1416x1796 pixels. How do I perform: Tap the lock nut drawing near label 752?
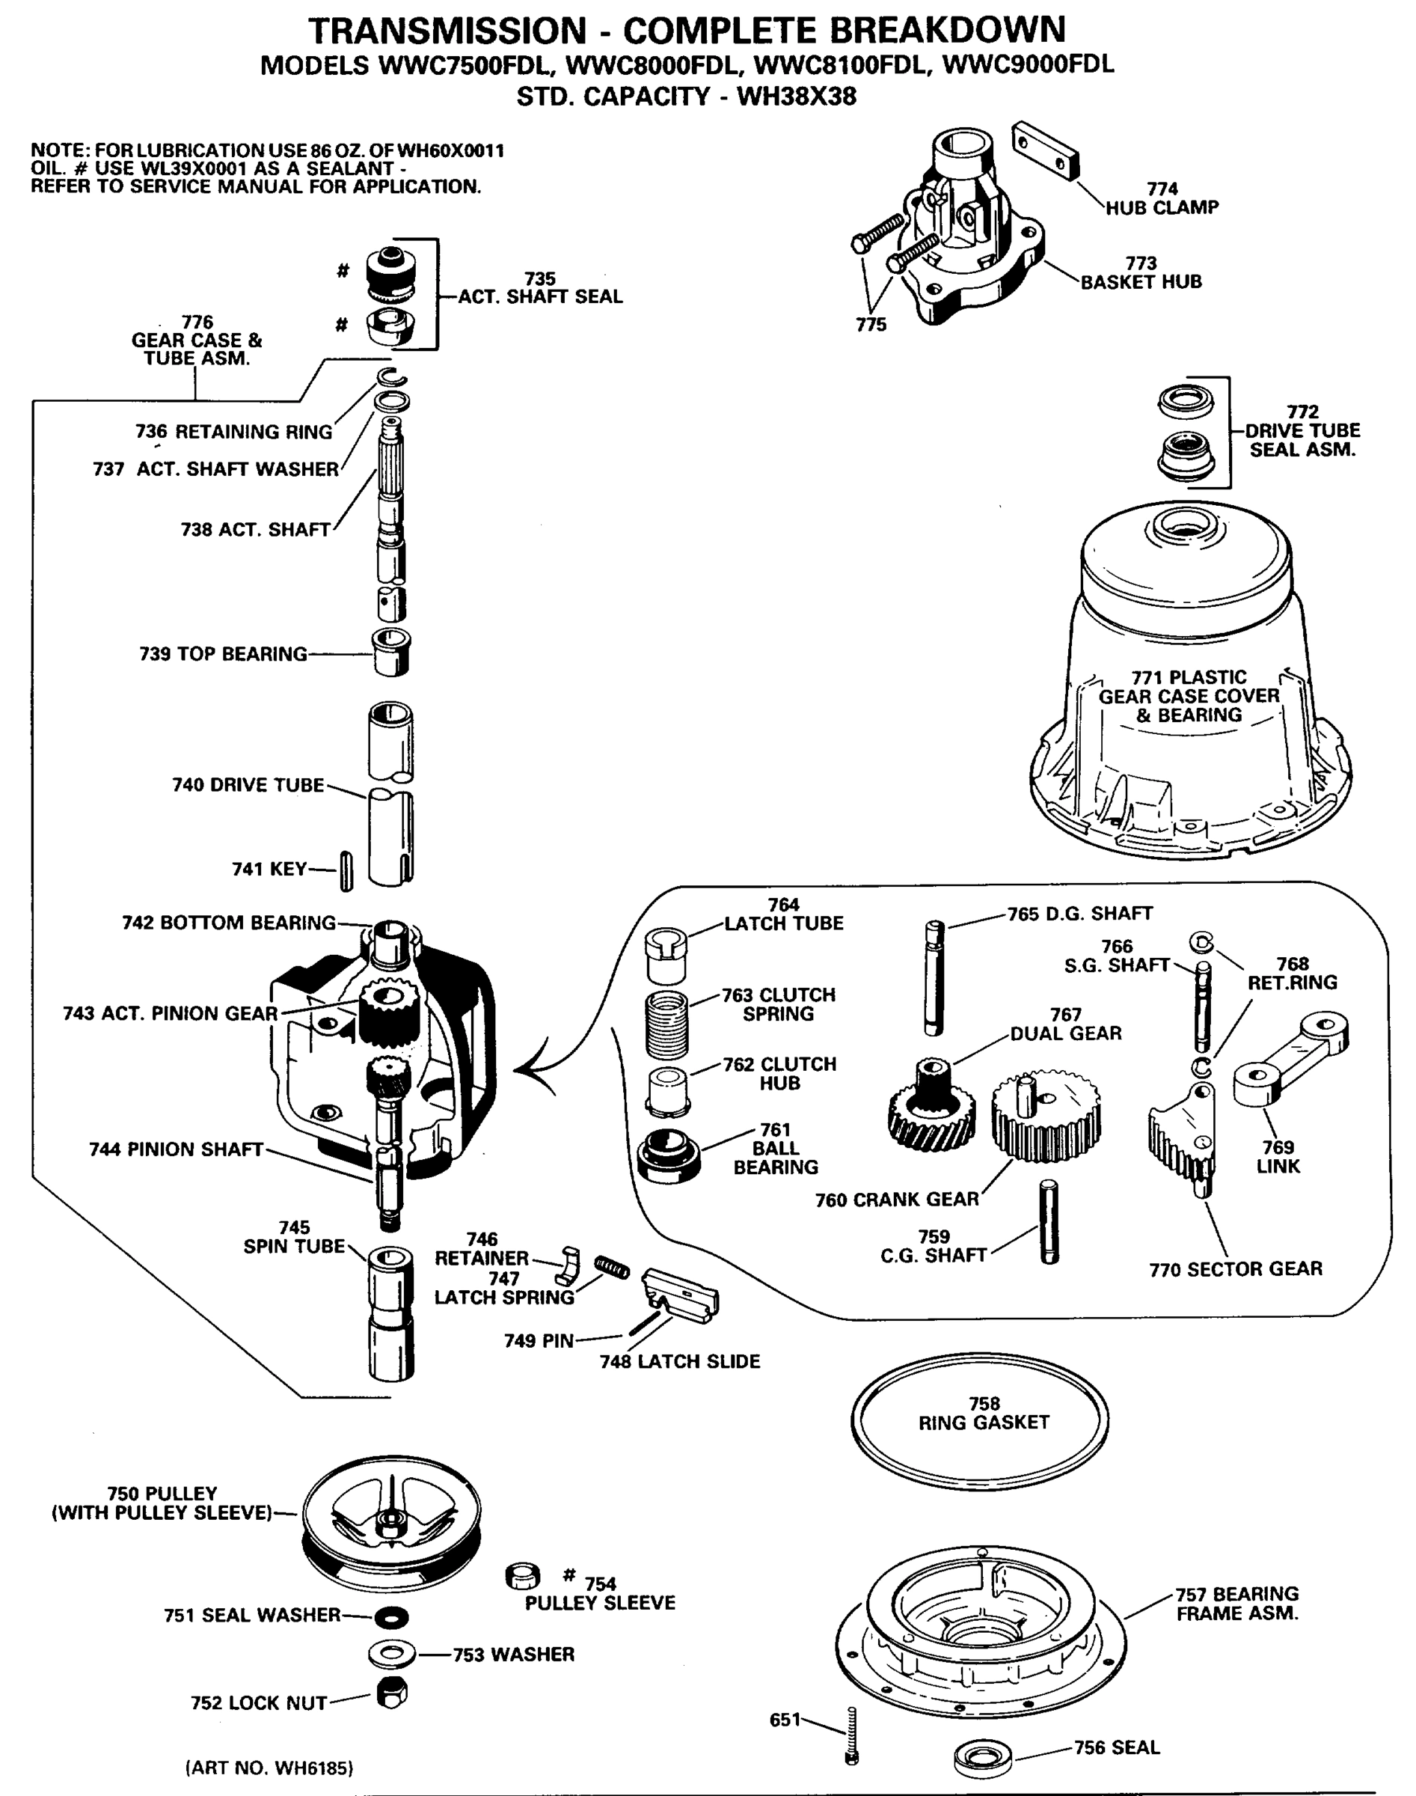391,1693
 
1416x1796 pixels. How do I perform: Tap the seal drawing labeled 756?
982,1756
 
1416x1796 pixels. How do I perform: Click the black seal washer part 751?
391,1616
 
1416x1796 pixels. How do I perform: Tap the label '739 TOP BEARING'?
223,654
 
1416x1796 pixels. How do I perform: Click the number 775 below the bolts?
871,325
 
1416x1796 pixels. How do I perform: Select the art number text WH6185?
269,1768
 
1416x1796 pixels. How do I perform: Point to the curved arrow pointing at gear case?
539,1069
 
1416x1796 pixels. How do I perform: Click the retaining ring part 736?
390,377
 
